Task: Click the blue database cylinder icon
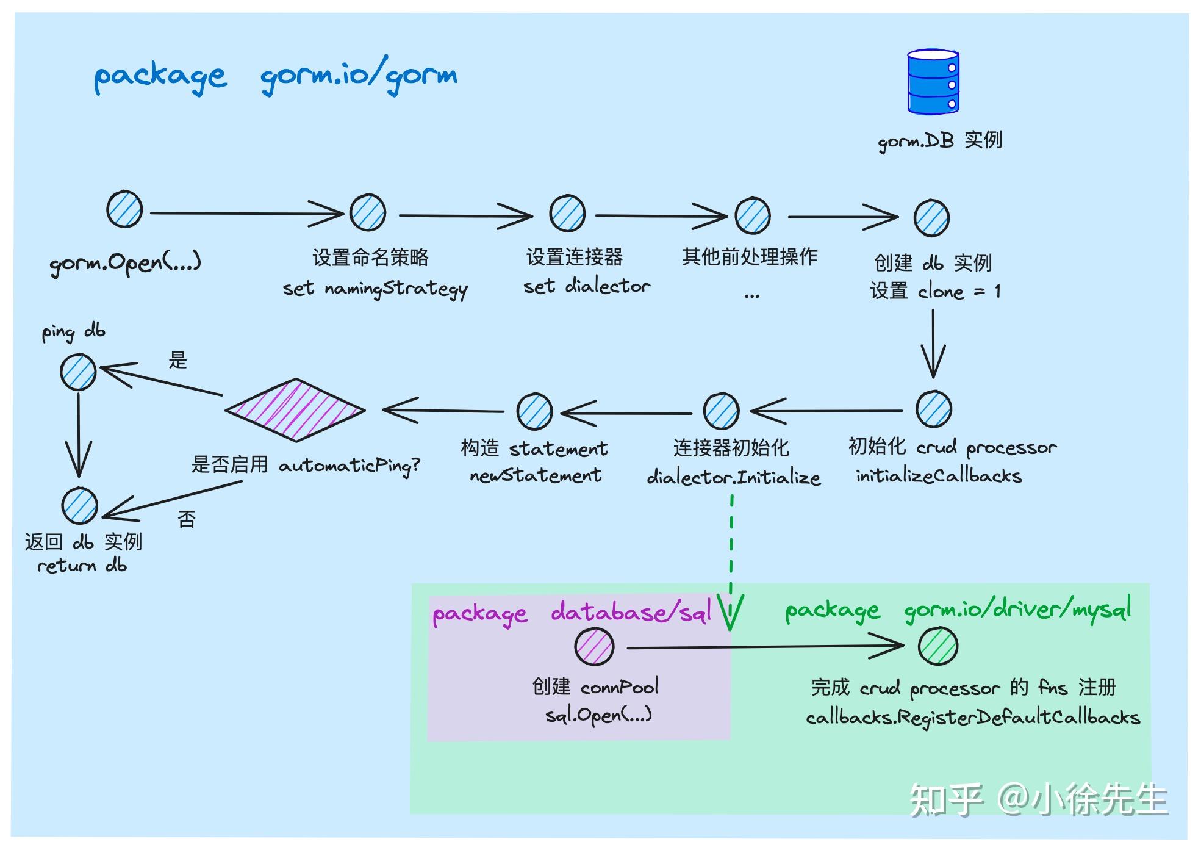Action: [x=933, y=82]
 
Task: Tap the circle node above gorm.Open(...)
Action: [x=124, y=209]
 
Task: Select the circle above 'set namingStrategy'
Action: [x=368, y=212]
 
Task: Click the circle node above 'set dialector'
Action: [x=567, y=214]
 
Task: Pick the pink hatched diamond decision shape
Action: [x=295, y=409]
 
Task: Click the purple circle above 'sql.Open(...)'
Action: [x=594, y=647]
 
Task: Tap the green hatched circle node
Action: [x=938, y=646]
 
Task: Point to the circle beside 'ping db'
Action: [x=78, y=372]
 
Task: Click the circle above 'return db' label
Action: [x=79, y=505]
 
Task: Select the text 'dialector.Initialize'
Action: [x=733, y=477]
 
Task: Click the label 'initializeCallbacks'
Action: [x=938, y=475]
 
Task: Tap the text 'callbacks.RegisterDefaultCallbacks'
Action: [x=972, y=717]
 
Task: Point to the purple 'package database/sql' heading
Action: [x=572, y=613]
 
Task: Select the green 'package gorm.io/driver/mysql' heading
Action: [x=958, y=610]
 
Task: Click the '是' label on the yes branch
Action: [x=177, y=360]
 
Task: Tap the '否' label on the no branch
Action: [x=187, y=519]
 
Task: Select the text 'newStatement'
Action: [x=535, y=475]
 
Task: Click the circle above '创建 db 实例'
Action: [x=931, y=218]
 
